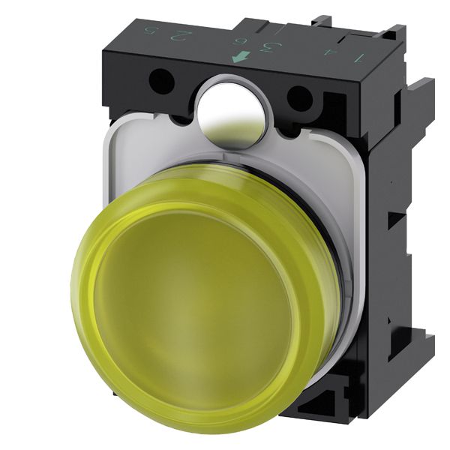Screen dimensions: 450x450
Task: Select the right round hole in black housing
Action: click(299, 97)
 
